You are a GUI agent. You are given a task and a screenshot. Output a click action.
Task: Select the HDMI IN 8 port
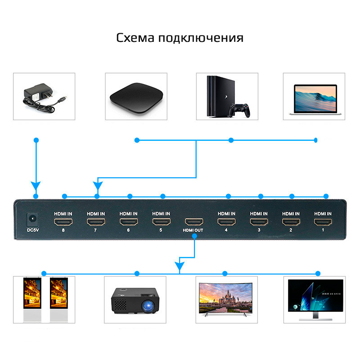(63, 222)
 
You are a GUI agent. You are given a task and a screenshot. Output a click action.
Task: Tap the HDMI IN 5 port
(161, 222)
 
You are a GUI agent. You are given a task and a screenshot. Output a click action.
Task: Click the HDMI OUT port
(194, 222)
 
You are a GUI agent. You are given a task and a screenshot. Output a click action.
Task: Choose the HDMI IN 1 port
(323, 222)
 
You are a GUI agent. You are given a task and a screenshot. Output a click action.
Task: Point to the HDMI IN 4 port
(226, 222)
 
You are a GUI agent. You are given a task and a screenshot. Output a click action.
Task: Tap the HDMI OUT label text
(193, 230)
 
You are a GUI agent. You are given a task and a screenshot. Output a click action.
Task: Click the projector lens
(148, 306)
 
